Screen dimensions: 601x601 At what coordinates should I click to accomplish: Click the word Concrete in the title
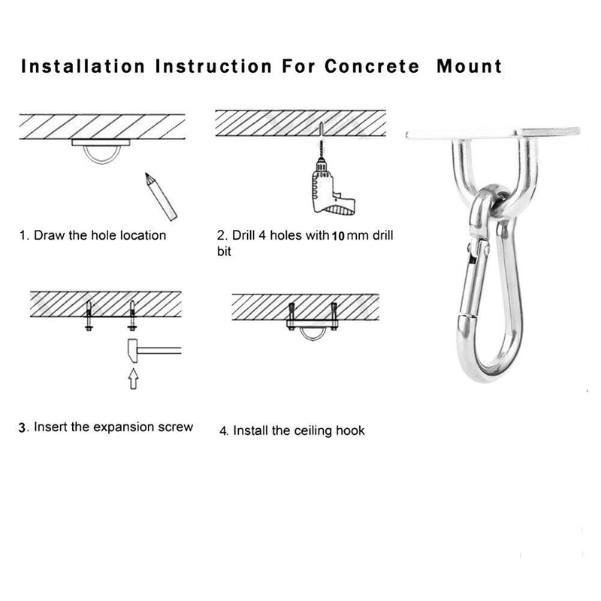(x=372, y=66)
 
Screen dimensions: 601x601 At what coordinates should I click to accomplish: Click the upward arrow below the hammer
(x=133, y=378)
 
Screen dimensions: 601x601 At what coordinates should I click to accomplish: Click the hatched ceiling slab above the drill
(x=300, y=122)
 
